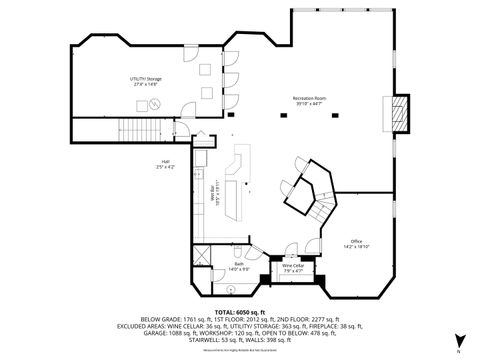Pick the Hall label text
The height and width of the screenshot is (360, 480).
(165, 162)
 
